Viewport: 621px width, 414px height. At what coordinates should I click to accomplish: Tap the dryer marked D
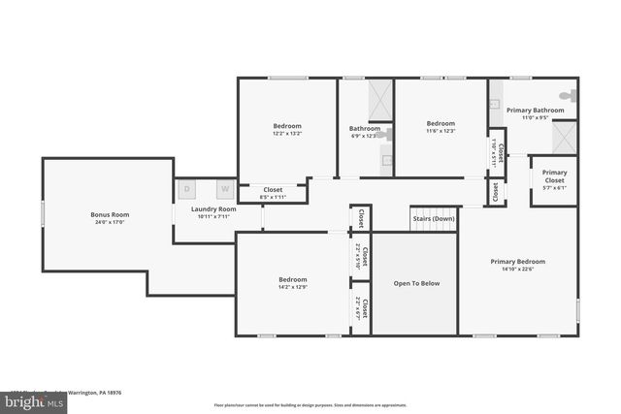(x=188, y=188)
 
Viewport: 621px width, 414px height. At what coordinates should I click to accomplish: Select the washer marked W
(x=224, y=188)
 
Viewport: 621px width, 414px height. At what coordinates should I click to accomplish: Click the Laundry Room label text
(x=213, y=209)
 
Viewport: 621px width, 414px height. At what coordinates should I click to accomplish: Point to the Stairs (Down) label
(x=434, y=219)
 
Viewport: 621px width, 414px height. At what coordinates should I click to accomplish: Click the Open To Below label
(x=415, y=283)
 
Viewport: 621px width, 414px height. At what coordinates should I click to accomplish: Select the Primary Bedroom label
(x=517, y=261)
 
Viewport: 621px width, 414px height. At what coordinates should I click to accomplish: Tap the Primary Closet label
(x=554, y=176)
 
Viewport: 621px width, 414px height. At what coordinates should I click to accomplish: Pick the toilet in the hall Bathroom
(x=386, y=135)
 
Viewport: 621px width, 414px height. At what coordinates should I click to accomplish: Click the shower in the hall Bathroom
(x=379, y=99)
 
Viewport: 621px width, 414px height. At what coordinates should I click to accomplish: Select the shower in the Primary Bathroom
(x=565, y=138)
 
